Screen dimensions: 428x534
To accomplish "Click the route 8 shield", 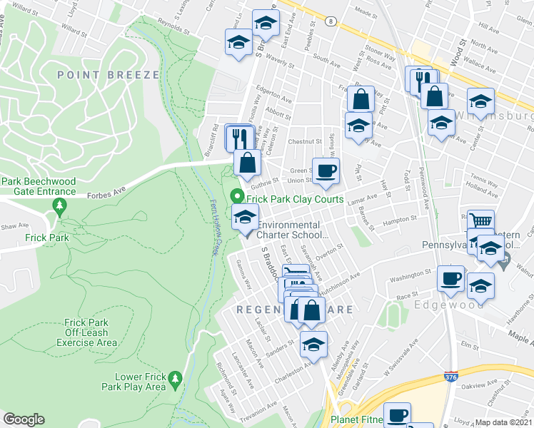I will tap(331, 22).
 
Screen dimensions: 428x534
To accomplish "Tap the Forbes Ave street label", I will tap(106, 190).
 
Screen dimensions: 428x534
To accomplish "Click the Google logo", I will tap(24, 419).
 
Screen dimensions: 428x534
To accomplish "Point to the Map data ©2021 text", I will tap(503, 422).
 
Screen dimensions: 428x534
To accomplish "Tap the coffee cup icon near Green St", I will tap(326, 170).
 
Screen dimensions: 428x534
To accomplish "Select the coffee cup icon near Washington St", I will tap(450, 277).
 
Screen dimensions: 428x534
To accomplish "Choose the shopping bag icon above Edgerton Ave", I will tap(361, 98).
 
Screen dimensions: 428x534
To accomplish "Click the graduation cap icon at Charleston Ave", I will tap(313, 343).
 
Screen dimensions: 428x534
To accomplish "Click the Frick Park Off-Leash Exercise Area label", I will tap(91, 332).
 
